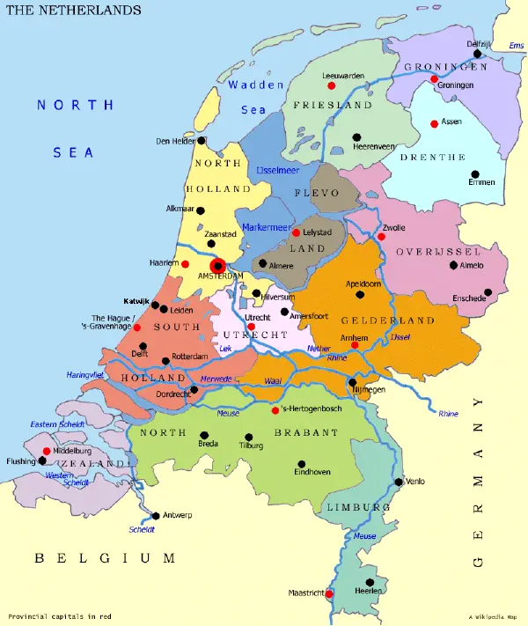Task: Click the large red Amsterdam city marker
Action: pyautogui.click(x=217, y=265)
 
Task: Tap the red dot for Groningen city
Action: pyautogui.click(x=434, y=79)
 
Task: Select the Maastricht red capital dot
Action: pyautogui.click(x=329, y=593)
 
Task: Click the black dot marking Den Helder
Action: pyautogui.click(x=202, y=140)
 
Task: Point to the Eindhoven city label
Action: pyautogui.click(x=312, y=472)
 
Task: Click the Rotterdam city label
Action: pyautogui.click(x=189, y=356)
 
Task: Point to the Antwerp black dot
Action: pyautogui.click(x=156, y=515)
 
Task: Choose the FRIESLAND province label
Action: pyautogui.click(x=327, y=105)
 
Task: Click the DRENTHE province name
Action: pyautogui.click(x=432, y=157)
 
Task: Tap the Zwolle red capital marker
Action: pyautogui.click(x=381, y=236)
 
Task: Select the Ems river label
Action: pyautogui.click(x=517, y=45)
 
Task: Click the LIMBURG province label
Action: pyautogui.click(x=357, y=508)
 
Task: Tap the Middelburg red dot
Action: pyautogui.click(x=46, y=451)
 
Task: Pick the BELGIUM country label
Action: pyautogui.click(x=104, y=557)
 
